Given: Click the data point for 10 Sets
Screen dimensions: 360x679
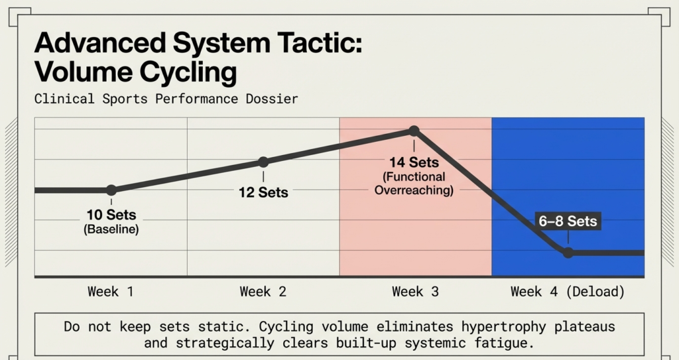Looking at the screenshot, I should [x=111, y=190].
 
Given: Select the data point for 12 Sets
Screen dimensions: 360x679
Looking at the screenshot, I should [x=263, y=162].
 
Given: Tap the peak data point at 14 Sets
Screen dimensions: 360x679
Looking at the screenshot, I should [x=414, y=131].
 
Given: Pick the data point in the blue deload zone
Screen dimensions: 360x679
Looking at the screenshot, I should [x=568, y=253].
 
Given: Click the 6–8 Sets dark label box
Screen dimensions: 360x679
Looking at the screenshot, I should [x=568, y=221].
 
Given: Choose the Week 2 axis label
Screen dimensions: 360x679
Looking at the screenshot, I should [x=263, y=292].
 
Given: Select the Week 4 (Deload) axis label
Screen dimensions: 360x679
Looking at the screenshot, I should [x=568, y=292].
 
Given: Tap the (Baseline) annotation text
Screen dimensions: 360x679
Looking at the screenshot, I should [x=111, y=229].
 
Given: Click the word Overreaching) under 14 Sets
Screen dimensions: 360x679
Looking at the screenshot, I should [x=414, y=190].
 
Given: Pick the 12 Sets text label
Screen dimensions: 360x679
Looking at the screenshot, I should [x=263, y=193].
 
